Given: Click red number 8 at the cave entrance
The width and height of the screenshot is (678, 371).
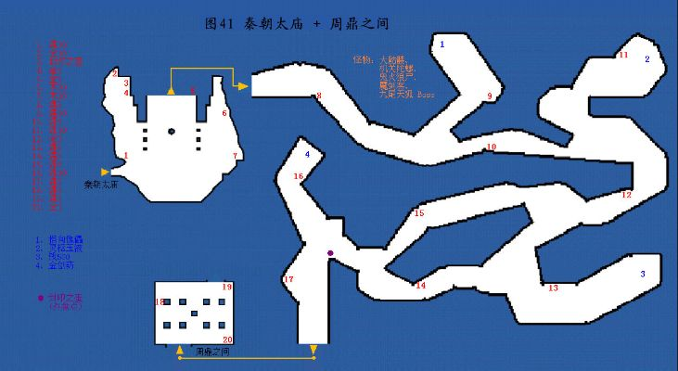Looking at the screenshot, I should pos(318,96).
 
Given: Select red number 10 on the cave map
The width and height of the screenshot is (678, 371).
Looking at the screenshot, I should pos(492,147).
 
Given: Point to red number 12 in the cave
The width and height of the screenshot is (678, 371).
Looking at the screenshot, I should pos(627,195).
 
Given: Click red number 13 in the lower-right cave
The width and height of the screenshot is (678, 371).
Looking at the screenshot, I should pos(554,288).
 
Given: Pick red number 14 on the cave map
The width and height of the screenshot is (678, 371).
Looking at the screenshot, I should pos(420,285).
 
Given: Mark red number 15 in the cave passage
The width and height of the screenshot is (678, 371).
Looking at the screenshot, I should pos(419,213).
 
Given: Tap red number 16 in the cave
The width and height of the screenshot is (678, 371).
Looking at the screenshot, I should pos(299,176).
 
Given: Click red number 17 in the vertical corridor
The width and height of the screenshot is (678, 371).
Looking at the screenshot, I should pos(288,279).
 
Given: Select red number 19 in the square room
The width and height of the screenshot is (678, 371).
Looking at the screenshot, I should pos(226,288).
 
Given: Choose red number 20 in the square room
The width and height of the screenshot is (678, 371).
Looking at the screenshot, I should pos(227,340).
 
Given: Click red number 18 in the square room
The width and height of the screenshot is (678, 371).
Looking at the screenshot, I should pos(160,301).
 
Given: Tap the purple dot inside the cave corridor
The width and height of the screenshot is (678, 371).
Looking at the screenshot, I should pos(329,252).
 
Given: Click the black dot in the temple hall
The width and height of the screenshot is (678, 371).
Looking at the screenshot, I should pos(172,131).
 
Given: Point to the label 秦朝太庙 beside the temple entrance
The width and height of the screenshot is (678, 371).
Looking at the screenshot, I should pos(100,185).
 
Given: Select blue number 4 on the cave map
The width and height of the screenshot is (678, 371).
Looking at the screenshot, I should pos(307,153).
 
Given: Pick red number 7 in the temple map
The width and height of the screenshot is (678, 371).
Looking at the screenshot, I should pos(236,155).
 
